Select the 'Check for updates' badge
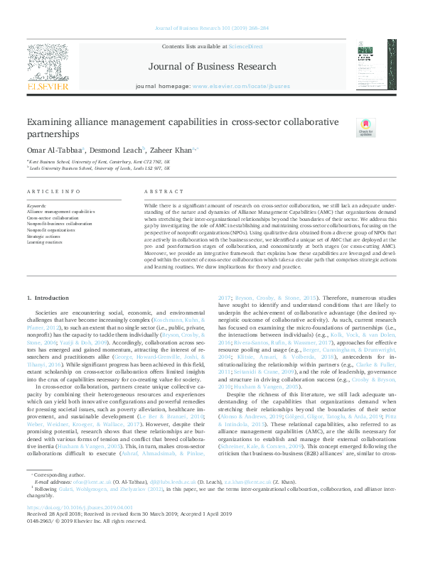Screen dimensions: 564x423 click(365, 127)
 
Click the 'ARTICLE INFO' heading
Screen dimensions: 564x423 click(53, 192)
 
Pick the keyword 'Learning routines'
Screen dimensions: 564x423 click(45, 241)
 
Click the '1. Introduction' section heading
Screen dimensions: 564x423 click(48, 316)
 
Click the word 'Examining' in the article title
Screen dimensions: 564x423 click(53, 121)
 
